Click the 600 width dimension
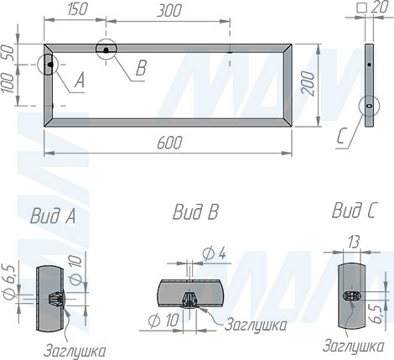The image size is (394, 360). (x=169, y=145)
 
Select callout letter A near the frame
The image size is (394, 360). (x=80, y=81)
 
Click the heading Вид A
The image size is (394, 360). (x=53, y=217)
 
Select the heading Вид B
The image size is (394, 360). (x=194, y=212)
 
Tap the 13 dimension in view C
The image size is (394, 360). (x=353, y=243)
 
